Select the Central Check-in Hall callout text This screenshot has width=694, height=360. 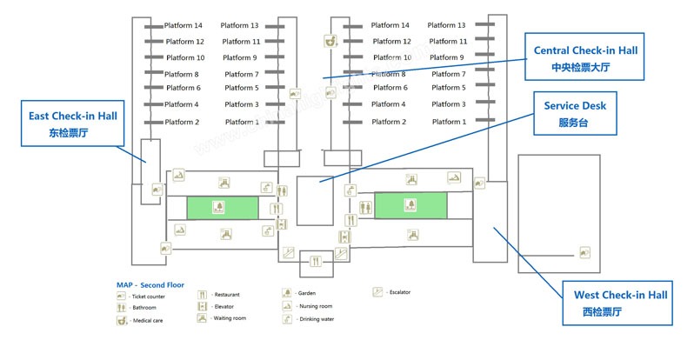coord(584,50)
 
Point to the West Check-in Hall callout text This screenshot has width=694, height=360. coord(614,296)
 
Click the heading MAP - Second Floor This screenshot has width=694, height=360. coord(150,285)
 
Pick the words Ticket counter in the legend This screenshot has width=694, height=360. coord(150,297)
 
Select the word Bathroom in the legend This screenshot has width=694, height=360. coord(144,308)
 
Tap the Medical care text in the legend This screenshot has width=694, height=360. coord(148,320)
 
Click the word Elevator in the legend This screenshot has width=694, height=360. coord(224,307)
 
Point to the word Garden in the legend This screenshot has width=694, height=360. coord(307,294)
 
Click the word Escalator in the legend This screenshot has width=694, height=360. coord(401,292)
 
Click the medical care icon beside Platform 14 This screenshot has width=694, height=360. coord(330,40)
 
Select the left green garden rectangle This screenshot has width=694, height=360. coord(223,208)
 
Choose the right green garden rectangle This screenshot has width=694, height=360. coord(410,206)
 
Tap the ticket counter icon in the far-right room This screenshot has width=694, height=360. coord(586,252)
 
